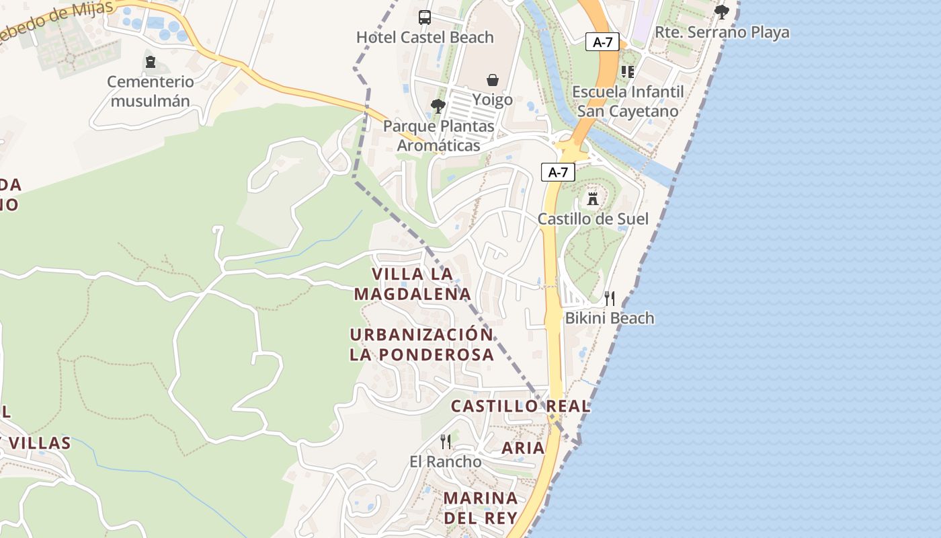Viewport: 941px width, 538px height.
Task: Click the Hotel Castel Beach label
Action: pyautogui.click(x=425, y=38)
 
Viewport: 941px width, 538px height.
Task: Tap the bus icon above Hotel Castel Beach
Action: pyautogui.click(x=425, y=17)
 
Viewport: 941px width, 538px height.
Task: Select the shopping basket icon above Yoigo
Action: pyautogui.click(x=493, y=80)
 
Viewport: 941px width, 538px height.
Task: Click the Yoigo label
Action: pyautogui.click(x=492, y=100)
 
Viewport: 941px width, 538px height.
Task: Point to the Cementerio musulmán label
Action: pyautogui.click(x=151, y=91)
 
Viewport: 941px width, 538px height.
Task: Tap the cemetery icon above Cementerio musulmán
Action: pyautogui.click(x=151, y=63)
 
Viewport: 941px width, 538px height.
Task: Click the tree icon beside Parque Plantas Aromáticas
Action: pyautogui.click(x=438, y=106)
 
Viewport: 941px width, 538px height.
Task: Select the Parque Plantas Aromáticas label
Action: pyautogui.click(x=438, y=135)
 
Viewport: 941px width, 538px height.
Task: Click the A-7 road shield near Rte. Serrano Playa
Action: pyautogui.click(x=602, y=42)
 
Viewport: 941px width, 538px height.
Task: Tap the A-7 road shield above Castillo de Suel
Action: pyautogui.click(x=558, y=172)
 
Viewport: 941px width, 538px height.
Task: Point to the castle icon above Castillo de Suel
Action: pyautogui.click(x=593, y=198)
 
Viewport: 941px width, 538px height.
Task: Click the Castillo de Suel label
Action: pyautogui.click(x=593, y=219)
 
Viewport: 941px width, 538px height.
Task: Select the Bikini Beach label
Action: pyautogui.click(x=609, y=318)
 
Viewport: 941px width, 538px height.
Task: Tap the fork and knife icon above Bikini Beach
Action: pyautogui.click(x=610, y=298)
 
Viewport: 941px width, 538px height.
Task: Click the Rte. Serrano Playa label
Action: pyautogui.click(x=722, y=32)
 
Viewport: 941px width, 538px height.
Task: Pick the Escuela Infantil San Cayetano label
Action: pyautogui.click(x=628, y=102)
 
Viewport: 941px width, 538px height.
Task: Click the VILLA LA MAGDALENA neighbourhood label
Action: pyautogui.click(x=413, y=284)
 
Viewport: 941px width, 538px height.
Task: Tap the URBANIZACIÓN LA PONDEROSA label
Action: pyautogui.click(x=421, y=344)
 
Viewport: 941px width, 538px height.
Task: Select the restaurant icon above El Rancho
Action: pyautogui.click(x=446, y=441)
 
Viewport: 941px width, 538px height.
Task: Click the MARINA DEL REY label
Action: pyautogui.click(x=481, y=508)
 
